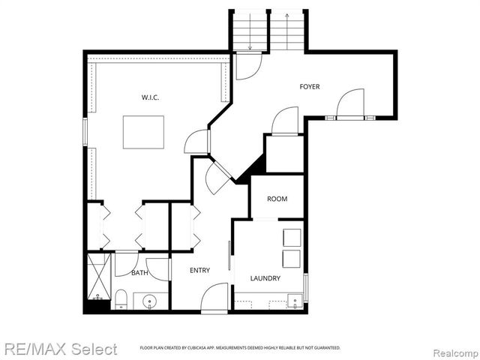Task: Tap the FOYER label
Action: point(310,87)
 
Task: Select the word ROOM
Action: point(277,199)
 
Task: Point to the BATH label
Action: point(139,273)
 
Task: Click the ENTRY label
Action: point(199,270)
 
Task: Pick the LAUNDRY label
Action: point(265,278)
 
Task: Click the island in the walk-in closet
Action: point(143,132)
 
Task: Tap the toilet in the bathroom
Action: point(120,299)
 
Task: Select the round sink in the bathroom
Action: point(150,302)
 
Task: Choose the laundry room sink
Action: point(295,301)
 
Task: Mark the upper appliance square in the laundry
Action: point(291,237)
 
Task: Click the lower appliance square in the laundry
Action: point(291,259)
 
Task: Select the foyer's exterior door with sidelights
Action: point(349,105)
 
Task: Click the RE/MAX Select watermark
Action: point(59,349)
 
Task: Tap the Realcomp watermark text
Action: point(453,349)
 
